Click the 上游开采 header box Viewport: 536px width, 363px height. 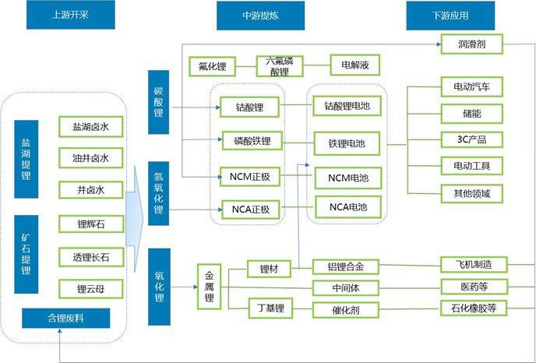coord(65,15)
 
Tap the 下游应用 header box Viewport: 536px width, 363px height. coord(439,15)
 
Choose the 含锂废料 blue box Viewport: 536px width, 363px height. coord(66,318)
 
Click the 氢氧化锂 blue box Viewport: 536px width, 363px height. coord(158,193)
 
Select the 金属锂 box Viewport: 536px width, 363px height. coord(209,287)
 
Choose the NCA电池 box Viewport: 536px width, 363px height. coord(348,208)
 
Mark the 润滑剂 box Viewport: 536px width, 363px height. coord(471,44)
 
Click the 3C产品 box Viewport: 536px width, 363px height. coord(473,139)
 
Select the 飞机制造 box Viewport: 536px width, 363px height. coord(473,264)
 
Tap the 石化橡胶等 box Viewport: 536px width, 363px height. coord(473,308)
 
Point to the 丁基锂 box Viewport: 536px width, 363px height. coord(270,309)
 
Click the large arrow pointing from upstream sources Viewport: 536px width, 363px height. coord(135,224)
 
